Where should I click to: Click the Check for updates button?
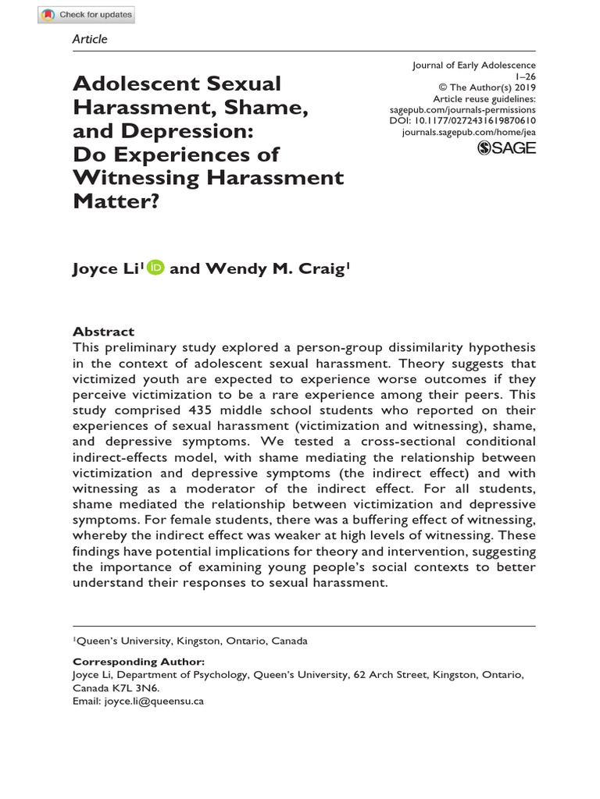(x=87, y=15)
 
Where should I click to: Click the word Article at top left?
(x=90, y=39)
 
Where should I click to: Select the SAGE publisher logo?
(x=506, y=148)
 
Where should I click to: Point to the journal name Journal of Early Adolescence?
(x=474, y=66)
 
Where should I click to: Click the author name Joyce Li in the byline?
(x=106, y=269)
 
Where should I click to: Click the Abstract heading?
(x=103, y=332)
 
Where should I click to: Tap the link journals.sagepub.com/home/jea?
(x=469, y=133)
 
